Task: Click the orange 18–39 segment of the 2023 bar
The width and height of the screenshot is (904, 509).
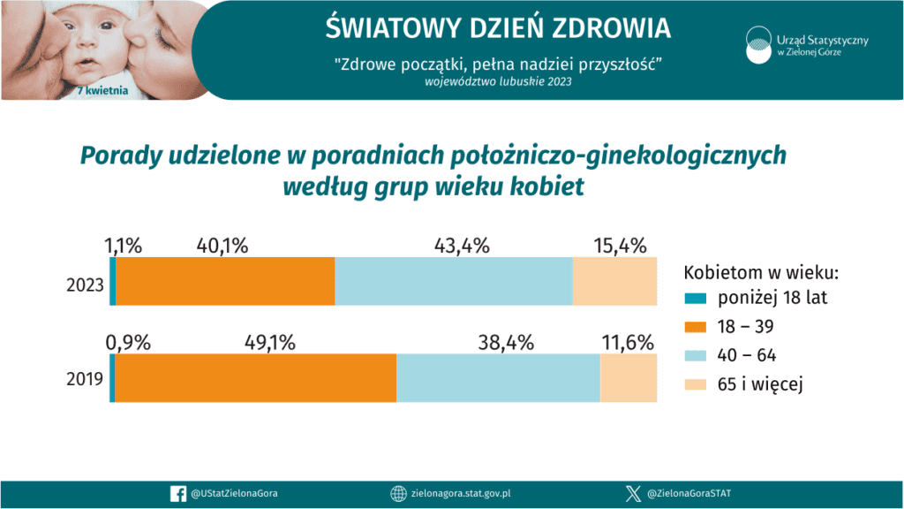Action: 225,281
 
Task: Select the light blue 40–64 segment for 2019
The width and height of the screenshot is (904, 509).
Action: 498,378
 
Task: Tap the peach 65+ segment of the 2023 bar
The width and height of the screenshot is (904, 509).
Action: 614,281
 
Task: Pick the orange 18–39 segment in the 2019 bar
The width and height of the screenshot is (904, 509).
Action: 255,378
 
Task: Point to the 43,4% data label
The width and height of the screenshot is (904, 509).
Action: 462,247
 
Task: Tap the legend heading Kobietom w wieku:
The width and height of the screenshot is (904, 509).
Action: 762,270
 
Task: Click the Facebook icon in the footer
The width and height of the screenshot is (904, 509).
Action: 176,495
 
